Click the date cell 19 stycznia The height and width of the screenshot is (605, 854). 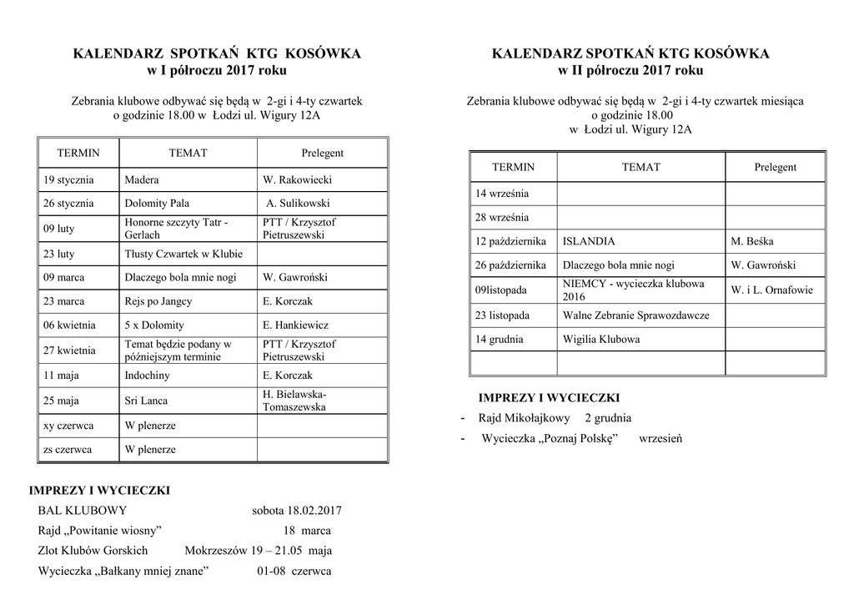point(68,179)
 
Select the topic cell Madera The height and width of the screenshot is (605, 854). point(142,179)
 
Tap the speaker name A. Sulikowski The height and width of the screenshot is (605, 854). point(298,203)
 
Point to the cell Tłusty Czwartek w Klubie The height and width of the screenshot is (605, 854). point(183,254)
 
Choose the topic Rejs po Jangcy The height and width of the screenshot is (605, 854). point(158,301)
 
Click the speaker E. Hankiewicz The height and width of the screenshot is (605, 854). point(295,325)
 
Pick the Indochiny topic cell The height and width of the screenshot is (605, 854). point(148,376)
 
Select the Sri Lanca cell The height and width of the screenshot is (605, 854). point(146,401)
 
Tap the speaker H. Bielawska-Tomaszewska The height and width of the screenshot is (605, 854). point(294,401)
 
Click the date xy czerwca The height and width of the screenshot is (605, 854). point(68,426)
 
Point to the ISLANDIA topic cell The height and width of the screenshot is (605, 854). point(589,241)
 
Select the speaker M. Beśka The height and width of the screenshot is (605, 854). point(751,241)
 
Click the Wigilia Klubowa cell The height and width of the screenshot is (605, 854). point(601,340)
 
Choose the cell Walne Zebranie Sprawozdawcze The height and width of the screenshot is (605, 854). point(635,315)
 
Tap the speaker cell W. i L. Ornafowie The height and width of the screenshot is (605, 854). point(771,290)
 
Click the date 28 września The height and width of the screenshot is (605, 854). point(502,218)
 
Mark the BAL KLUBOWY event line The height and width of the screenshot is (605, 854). point(83,511)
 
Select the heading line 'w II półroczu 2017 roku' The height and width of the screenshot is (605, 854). point(630,70)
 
